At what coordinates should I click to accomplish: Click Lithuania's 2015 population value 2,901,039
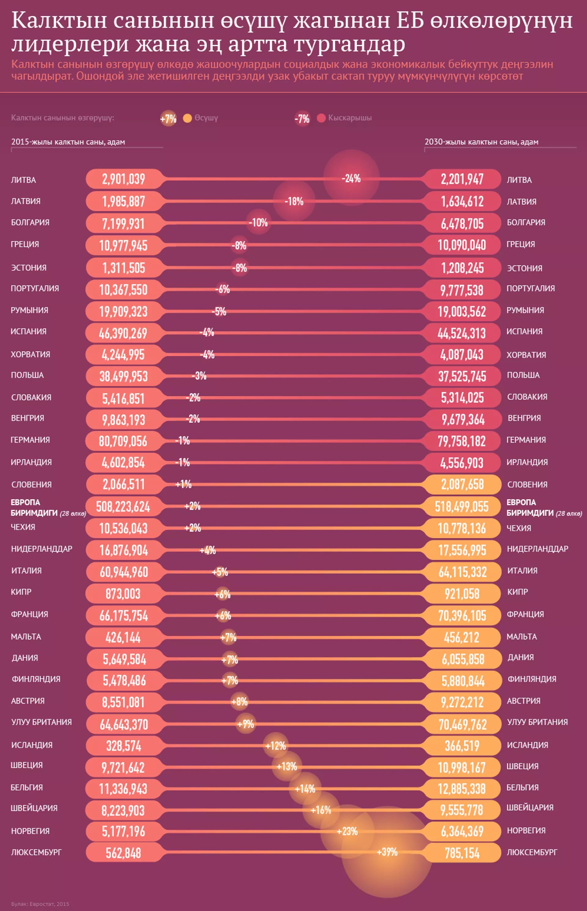pos(124,179)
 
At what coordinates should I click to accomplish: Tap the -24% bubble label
pos(351,178)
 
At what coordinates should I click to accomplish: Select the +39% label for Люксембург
pos(387,852)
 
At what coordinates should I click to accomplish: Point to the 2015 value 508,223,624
pos(123,507)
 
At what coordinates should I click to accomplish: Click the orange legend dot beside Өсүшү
pos(187,118)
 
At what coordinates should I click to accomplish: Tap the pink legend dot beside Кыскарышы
pos(321,118)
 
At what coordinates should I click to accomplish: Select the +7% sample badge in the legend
pos(168,119)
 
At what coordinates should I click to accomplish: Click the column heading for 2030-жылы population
pos(482,142)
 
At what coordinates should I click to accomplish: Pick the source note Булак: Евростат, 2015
pos(40,904)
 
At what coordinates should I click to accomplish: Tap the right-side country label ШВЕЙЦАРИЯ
pos(530,808)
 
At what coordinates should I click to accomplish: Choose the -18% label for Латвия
pos(294,201)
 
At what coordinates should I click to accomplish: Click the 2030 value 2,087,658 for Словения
pos(462,484)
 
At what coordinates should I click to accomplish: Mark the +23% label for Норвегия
pos(347,831)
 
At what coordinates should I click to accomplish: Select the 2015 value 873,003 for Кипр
pos(123,594)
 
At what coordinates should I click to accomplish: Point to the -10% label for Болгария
pos(258,222)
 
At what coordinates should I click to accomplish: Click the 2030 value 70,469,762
pos(462,724)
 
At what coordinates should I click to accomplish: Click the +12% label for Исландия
pos(275,745)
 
